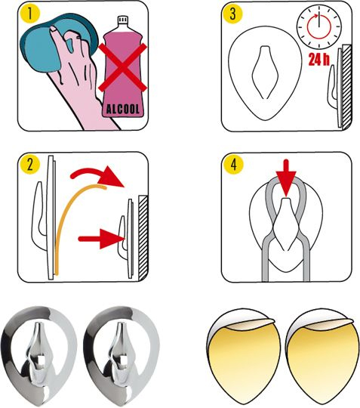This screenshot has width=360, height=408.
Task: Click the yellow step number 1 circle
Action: click(30, 14)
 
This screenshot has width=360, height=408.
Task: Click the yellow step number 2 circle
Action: click(30, 164)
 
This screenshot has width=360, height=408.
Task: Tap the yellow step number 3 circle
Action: click(232, 14)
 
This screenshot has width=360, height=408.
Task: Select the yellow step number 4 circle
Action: click(234, 165)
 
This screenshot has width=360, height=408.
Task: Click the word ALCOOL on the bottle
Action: click(123, 110)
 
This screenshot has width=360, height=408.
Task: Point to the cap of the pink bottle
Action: click(123, 20)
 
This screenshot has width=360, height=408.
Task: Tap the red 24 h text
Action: click(319, 60)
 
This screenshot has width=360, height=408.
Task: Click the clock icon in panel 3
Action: click(319, 26)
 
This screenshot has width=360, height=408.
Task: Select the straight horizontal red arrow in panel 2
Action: click(102, 239)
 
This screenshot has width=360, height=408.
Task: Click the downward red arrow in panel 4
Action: click(286, 178)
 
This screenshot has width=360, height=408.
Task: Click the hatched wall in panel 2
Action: click(143, 237)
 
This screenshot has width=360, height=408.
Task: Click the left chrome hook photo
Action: click(39, 355)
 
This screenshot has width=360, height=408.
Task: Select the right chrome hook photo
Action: click(121, 355)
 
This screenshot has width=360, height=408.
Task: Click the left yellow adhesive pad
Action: click(244, 357)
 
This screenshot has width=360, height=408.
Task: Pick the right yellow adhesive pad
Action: click(322, 357)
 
